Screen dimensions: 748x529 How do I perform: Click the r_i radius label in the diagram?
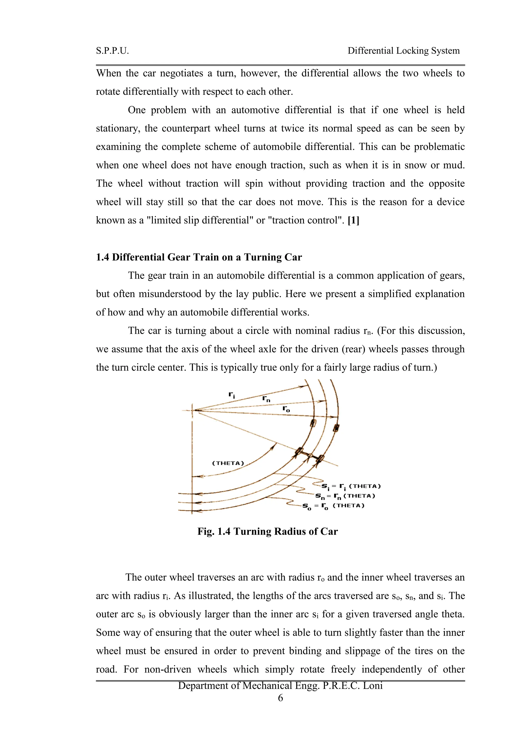point(232,395)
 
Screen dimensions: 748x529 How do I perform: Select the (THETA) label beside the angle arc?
point(228,463)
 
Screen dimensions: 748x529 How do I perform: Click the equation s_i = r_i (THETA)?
point(351,487)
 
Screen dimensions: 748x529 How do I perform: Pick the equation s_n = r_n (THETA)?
point(345,496)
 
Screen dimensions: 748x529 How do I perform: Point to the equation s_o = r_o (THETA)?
point(333,506)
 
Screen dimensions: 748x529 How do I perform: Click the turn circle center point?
point(192,411)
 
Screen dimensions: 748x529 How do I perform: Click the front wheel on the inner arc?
point(313,423)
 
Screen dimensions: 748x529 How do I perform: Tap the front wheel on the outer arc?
point(337,427)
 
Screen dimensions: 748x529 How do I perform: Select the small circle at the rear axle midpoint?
point(310,455)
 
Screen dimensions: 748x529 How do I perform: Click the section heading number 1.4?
point(102,257)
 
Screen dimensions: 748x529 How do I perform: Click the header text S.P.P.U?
point(112,51)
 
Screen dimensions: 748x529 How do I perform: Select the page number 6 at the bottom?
point(281,698)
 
